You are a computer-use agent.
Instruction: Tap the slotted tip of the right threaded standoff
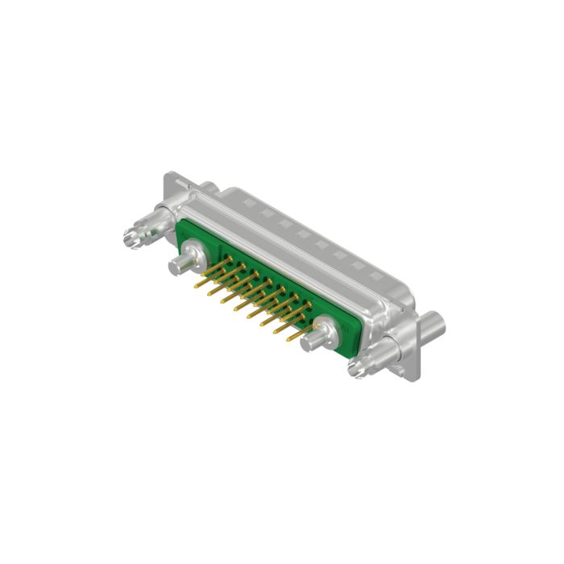coord(355,369)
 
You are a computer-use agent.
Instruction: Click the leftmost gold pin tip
coord(196,284)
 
